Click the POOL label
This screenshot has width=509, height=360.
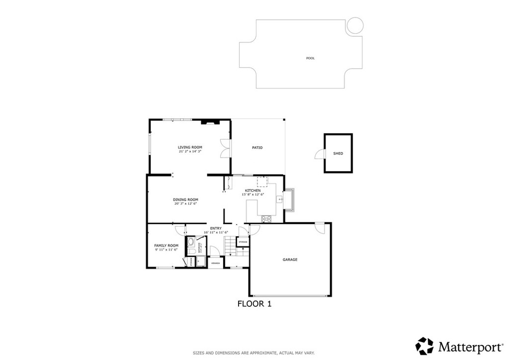click(310, 58)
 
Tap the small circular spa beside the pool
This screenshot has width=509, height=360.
click(355, 25)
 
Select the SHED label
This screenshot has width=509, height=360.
click(338, 154)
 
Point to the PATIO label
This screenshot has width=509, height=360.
click(257, 148)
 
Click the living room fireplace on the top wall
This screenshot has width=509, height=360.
click(208, 121)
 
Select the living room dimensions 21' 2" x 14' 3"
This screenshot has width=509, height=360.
click(190, 151)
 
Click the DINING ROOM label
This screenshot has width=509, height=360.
click(186, 199)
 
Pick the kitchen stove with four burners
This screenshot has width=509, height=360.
click(266, 218)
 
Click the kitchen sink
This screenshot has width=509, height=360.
click(280, 199)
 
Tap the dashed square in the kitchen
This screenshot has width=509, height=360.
click(262, 181)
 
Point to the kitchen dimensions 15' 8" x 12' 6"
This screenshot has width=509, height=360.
click(253, 194)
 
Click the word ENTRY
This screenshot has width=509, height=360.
click(216, 228)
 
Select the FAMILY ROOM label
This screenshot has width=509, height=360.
click(166, 246)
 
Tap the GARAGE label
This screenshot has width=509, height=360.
click(290, 260)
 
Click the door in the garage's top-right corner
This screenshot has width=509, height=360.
click(321, 228)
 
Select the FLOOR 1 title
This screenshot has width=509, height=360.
click(254, 304)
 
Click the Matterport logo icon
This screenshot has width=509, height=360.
click(424, 346)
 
